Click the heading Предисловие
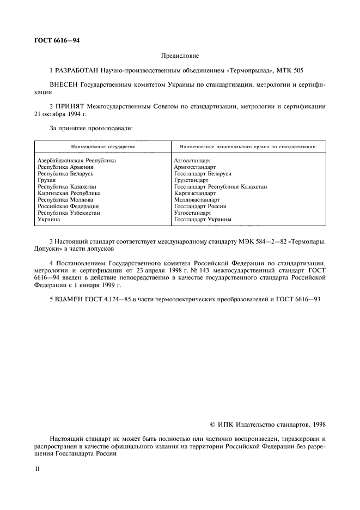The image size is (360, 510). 180,56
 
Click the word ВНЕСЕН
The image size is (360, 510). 63,86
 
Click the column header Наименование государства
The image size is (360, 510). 103,147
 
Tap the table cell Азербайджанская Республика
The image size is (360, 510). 77,161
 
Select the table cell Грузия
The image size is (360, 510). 47,180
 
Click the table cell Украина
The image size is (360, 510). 48,220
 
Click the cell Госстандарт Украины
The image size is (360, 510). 203,220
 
